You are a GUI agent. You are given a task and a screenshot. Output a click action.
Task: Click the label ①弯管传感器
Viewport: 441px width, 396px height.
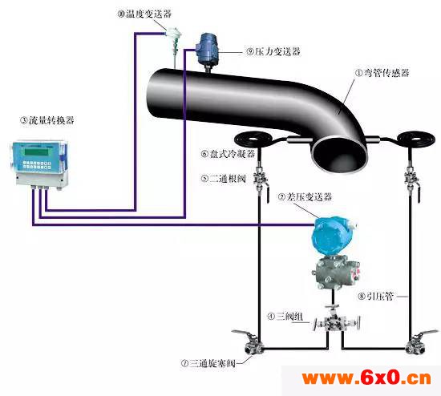(382, 73)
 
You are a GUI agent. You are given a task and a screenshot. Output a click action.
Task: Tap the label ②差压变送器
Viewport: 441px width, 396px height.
(305, 197)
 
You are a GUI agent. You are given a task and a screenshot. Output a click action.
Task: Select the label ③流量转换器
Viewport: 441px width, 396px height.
(47, 120)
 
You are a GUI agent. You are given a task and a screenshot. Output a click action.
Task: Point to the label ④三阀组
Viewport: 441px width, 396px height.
(285, 317)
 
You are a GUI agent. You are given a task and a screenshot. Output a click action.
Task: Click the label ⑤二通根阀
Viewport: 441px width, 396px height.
(224, 179)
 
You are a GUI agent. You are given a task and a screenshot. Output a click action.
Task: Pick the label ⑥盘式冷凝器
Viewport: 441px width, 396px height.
(228, 154)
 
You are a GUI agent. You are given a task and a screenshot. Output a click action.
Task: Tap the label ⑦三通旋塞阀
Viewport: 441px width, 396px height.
(208, 363)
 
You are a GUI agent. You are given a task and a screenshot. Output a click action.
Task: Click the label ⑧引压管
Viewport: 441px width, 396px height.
(375, 296)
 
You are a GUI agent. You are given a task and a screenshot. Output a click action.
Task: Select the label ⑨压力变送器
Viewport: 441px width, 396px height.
(273, 51)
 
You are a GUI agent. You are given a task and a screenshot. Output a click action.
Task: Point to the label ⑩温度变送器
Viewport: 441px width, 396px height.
(144, 14)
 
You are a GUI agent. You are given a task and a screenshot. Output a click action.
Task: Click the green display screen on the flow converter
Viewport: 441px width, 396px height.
(36, 152)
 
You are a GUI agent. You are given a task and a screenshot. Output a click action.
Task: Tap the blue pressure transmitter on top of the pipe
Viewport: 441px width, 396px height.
(208, 48)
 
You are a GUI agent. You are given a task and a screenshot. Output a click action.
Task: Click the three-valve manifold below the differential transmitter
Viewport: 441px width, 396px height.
(335, 322)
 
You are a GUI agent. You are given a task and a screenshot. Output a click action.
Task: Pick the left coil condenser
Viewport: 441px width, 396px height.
(253, 139)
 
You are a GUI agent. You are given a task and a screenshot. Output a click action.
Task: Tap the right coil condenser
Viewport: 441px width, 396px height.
(414, 139)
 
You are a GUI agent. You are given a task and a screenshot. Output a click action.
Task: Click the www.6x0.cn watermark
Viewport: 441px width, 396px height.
(366, 378)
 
